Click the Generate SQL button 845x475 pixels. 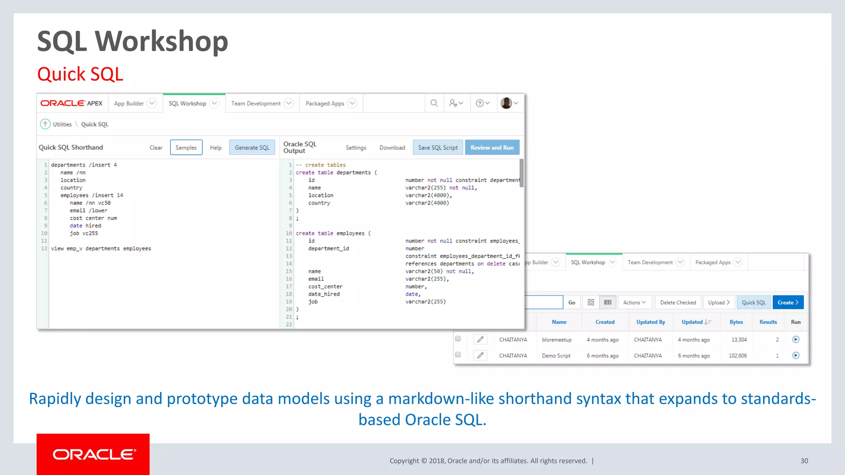252,148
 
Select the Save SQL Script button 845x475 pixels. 438,148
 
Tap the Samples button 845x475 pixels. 186,148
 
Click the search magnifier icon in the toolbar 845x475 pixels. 434,103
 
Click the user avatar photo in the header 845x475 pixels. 506,103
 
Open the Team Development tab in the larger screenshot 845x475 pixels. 256,103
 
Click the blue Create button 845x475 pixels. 788,302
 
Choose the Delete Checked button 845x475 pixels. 678,302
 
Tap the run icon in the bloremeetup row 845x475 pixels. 796,339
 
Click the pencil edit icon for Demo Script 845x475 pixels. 480,355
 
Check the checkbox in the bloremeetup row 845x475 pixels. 458,339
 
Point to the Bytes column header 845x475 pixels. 736,322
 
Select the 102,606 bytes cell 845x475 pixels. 738,355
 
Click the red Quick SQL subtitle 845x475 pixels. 80,74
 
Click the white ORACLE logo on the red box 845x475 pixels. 93,454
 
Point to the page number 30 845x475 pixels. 804,461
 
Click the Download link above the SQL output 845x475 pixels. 392,148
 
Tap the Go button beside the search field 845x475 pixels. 571,302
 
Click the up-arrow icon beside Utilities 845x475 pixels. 45,124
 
